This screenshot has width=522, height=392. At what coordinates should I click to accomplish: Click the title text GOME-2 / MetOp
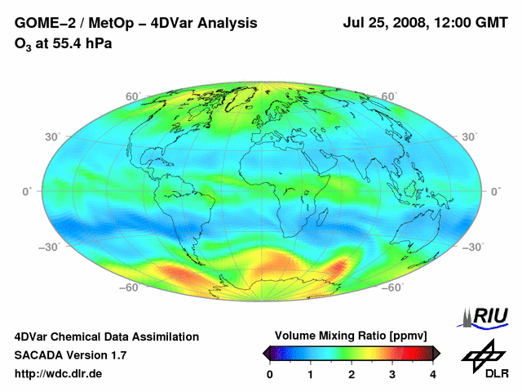click(x=74, y=24)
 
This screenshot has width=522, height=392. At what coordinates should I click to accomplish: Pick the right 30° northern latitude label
click(x=471, y=136)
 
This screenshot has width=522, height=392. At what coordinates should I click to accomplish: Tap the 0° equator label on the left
click(x=26, y=191)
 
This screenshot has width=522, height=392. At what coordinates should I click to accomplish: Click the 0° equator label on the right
click(x=496, y=191)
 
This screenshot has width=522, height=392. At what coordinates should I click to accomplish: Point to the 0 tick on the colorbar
click(x=270, y=373)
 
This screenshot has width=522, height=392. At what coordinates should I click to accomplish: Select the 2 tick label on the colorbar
click(x=352, y=373)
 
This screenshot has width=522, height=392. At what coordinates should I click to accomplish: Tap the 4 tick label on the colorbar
click(x=432, y=373)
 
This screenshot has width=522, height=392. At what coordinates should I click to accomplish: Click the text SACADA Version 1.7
click(x=70, y=354)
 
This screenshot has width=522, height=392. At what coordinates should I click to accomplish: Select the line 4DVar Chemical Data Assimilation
click(x=106, y=336)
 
